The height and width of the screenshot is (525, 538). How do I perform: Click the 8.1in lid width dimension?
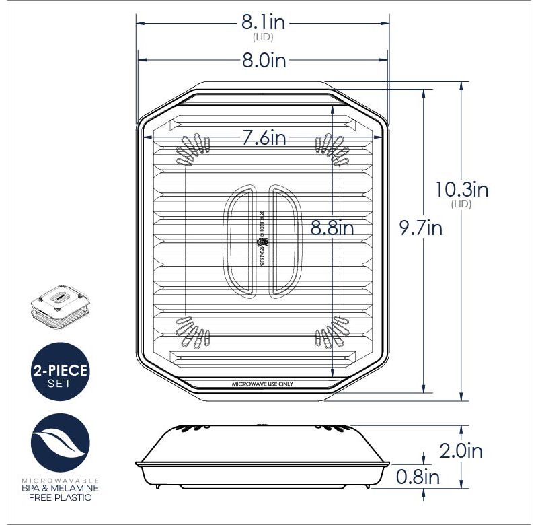click(x=264, y=23)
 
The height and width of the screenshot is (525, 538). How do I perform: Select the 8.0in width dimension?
click(x=264, y=61)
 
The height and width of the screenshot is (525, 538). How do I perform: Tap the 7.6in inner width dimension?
click(x=264, y=139)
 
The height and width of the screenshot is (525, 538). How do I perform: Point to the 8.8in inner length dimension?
click(x=332, y=228)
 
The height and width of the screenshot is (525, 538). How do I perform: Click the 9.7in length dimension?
click(x=420, y=229)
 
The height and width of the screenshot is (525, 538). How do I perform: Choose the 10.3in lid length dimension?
click(x=461, y=189)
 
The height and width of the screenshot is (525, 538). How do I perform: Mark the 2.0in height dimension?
click(x=461, y=450)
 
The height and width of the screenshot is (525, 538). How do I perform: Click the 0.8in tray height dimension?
click(x=418, y=478)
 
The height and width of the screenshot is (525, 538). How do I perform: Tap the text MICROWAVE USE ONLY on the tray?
click(x=262, y=384)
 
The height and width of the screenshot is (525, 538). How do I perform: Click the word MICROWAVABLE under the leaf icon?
click(x=61, y=479)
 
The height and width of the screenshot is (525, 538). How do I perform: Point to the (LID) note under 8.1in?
click(x=263, y=38)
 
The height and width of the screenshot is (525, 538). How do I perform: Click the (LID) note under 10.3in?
click(x=461, y=204)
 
